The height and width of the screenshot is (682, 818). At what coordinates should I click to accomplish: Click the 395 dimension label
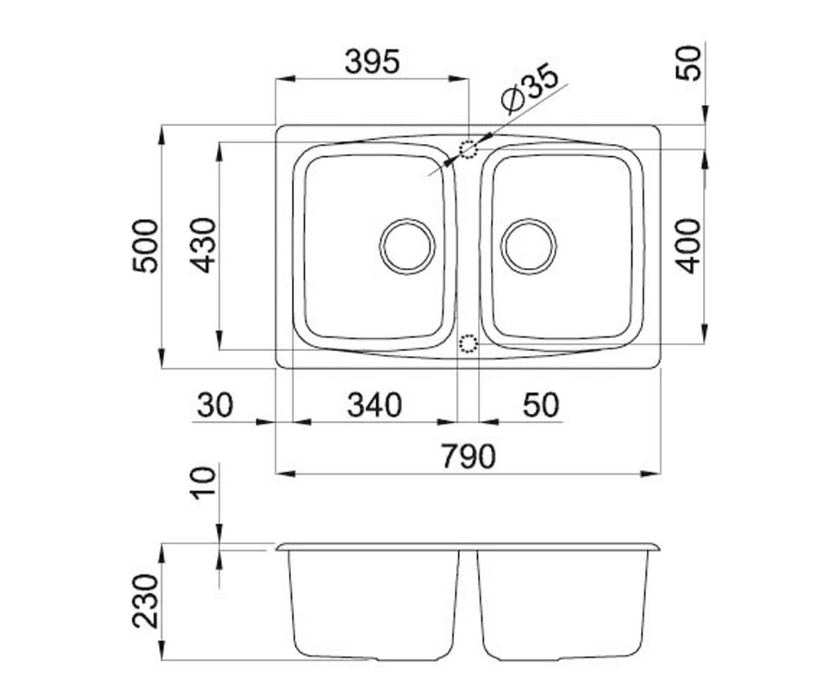[x=372, y=61]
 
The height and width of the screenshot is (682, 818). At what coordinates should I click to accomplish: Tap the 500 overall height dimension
[x=145, y=246]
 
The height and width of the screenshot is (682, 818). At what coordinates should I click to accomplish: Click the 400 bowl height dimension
[x=688, y=246]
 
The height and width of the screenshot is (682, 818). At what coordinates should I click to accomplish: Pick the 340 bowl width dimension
[x=374, y=406]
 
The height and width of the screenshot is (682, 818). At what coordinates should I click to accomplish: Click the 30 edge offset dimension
[x=215, y=406]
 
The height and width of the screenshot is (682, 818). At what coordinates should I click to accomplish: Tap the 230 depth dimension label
[x=145, y=602]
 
